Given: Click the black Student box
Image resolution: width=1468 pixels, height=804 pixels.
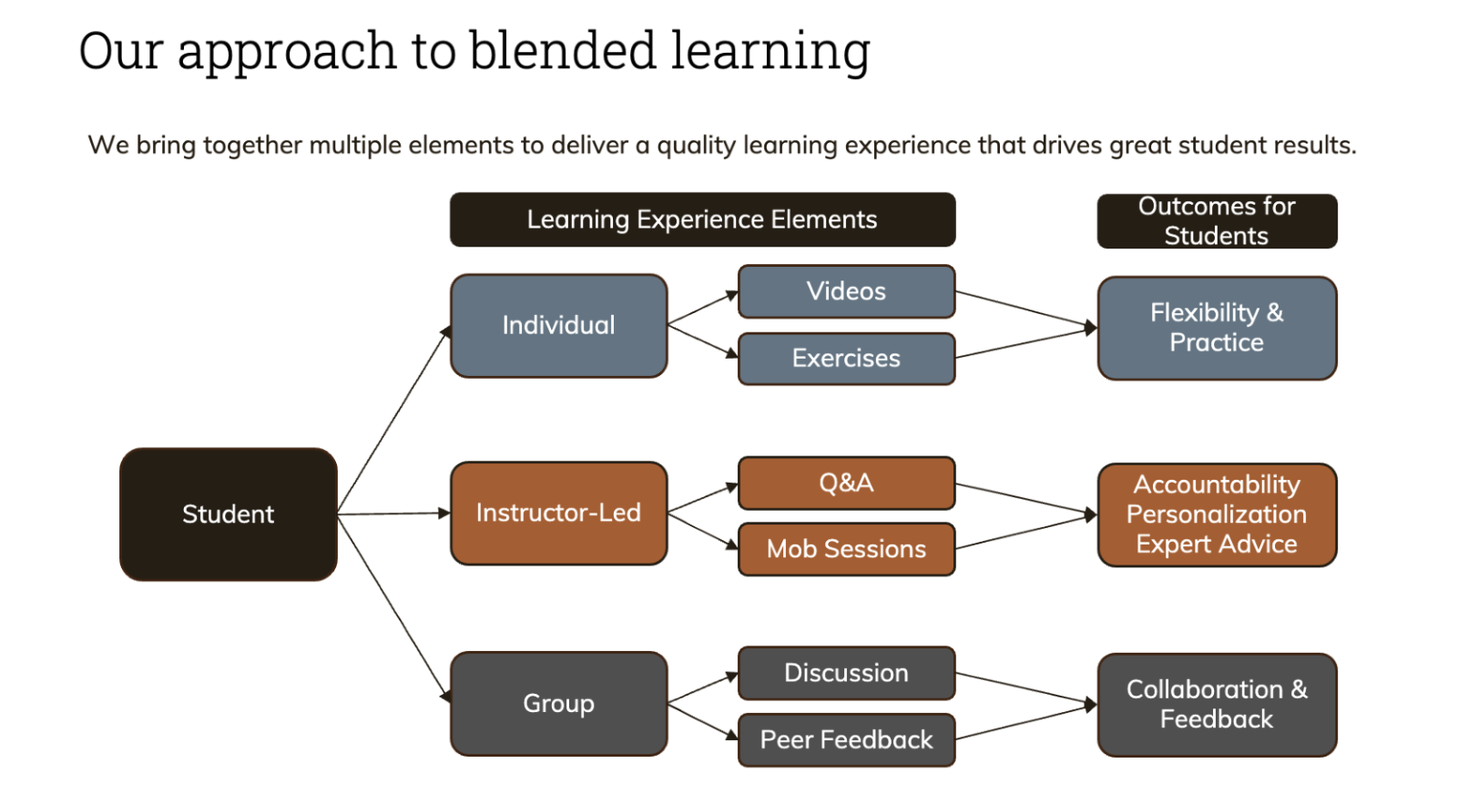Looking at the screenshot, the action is pos(228,514).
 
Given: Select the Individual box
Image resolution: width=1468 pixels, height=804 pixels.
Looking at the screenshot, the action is pos(559,326).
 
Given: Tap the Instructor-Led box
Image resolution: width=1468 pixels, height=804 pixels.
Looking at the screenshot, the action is pos(559,513).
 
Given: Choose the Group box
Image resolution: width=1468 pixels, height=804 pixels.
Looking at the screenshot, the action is pos(559,704).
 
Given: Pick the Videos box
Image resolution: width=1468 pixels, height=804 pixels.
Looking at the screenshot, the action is pos(847,291).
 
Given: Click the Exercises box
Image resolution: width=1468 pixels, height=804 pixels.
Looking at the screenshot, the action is pos(847,359).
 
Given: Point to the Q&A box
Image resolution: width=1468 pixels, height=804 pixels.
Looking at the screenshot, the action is pos(847,483).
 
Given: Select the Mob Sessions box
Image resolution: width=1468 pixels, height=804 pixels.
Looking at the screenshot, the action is pos(847,549).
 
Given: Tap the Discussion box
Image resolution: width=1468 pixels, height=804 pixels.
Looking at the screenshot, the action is pos(847,673).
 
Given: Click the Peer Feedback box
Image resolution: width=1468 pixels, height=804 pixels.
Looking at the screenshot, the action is pos(847,739).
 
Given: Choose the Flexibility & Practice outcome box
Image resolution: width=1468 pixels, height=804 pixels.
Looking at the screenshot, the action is pos(1217,328).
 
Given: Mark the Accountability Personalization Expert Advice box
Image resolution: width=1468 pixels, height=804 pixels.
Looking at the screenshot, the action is pos(1217,515).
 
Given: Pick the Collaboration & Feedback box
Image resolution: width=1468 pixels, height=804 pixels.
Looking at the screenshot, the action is pos(1217,705).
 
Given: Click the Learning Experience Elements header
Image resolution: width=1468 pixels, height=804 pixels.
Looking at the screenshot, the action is pos(702,219).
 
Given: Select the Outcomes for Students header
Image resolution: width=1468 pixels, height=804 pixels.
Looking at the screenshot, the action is pos(1217,221).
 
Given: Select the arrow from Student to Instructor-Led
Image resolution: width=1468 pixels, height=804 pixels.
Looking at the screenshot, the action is pos(394,514).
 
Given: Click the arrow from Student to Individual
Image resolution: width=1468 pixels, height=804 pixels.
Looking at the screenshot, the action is pos(394,420).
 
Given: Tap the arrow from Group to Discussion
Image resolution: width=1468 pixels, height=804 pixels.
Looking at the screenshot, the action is pos(703,688).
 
